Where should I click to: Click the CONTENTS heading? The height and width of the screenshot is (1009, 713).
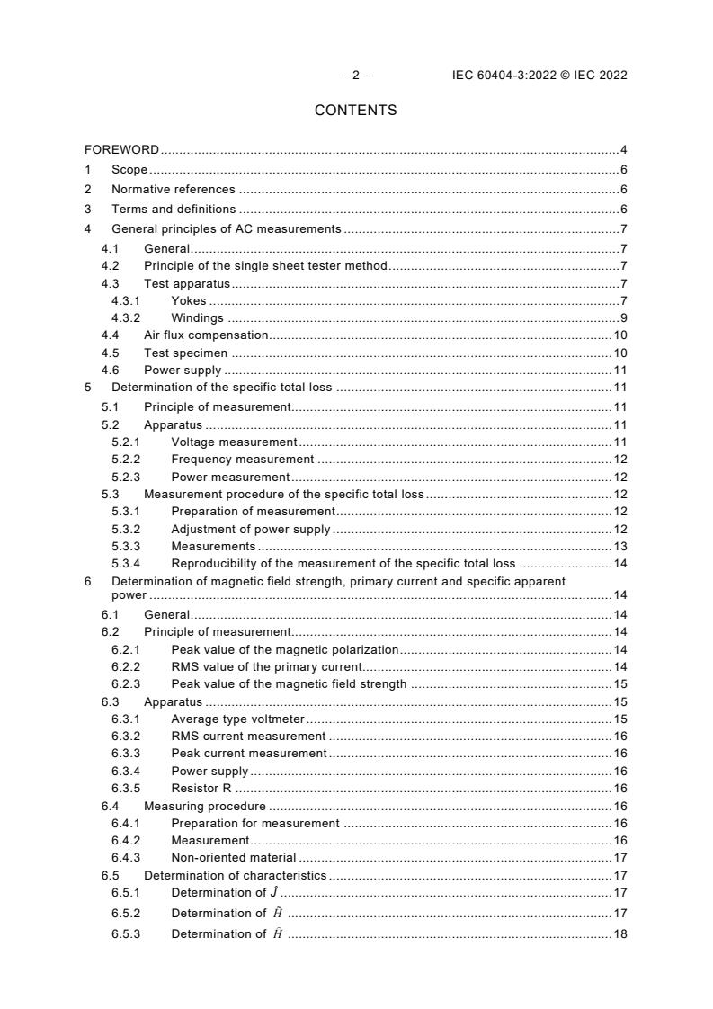coord(355,111)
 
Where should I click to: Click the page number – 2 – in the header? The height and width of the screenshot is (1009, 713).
coord(355,76)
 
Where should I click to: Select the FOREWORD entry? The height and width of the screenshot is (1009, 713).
coord(121,149)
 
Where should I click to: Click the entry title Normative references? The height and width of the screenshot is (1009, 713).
coord(173,190)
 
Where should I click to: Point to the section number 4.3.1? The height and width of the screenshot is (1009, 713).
coord(125,301)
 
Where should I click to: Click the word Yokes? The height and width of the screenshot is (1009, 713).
coord(188,301)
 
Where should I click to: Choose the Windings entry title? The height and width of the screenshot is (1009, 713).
coord(198,318)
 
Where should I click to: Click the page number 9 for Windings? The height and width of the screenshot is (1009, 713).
coord(623,318)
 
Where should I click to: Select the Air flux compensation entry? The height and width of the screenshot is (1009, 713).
coord(206,335)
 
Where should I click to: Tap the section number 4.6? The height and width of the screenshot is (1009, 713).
coord(110,371)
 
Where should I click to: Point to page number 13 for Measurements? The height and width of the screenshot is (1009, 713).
coord(619,547)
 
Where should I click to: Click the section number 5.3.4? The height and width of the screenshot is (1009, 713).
coord(125,564)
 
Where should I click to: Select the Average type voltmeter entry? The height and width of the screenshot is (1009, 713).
coord(238,719)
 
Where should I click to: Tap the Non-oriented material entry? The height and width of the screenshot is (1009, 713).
coord(233,858)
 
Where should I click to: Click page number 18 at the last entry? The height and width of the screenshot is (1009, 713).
coord(619,934)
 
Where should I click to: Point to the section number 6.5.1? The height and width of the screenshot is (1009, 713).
coord(125,893)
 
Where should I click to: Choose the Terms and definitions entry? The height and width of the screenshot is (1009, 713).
coord(174,210)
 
